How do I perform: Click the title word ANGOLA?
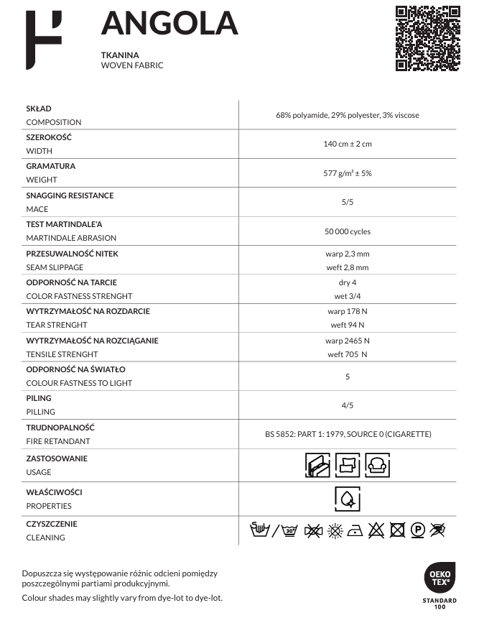point(169,24)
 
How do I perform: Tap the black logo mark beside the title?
point(43,40)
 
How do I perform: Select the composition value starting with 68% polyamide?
point(347,115)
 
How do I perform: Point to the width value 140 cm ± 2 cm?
point(347,144)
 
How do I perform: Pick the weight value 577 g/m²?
point(347,173)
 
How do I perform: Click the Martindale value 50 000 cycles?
point(347,231)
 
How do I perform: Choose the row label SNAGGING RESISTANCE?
point(70,195)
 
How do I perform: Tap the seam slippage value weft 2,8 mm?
point(347,267)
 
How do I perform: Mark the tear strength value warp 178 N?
point(347,312)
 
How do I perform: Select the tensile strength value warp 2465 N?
point(347,341)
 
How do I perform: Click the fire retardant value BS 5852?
point(347,434)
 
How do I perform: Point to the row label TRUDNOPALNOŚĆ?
point(60,428)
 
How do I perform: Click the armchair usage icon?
point(377,465)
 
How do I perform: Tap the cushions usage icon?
point(348,465)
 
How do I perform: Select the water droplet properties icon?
point(347,498)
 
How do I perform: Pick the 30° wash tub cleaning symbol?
point(290,531)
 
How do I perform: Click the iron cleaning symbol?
point(355,531)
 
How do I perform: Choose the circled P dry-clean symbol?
point(417,531)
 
